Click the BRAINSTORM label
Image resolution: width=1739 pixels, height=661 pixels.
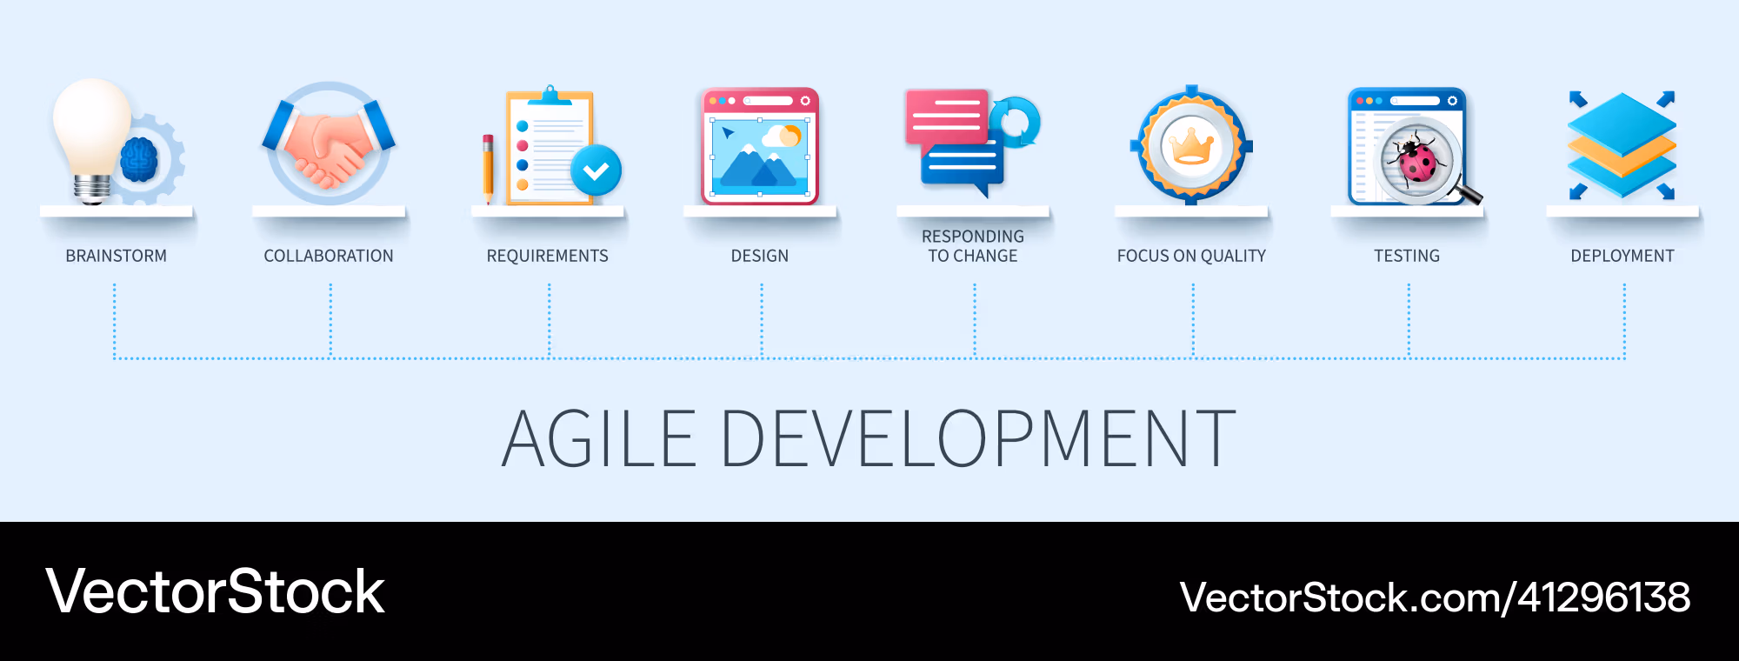117,256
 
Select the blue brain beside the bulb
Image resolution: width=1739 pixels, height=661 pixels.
139,160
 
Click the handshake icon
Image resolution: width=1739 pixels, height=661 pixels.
329,144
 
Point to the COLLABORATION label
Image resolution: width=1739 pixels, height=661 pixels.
329,256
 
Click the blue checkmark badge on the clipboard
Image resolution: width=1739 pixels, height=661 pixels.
596,170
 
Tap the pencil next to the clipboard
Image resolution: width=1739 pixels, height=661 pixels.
488,169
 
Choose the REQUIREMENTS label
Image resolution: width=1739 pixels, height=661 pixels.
548,256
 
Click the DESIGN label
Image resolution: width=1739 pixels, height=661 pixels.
760,256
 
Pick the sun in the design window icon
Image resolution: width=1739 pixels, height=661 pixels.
790,135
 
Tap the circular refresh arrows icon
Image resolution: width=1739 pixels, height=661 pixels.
1015,122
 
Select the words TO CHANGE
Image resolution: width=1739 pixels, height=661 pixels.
973,256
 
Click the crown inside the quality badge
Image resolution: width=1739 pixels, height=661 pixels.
1191,146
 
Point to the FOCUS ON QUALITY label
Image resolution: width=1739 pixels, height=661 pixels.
1191,256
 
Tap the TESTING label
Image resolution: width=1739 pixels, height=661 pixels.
1407,256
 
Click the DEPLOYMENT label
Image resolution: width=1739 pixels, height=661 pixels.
1622,256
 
